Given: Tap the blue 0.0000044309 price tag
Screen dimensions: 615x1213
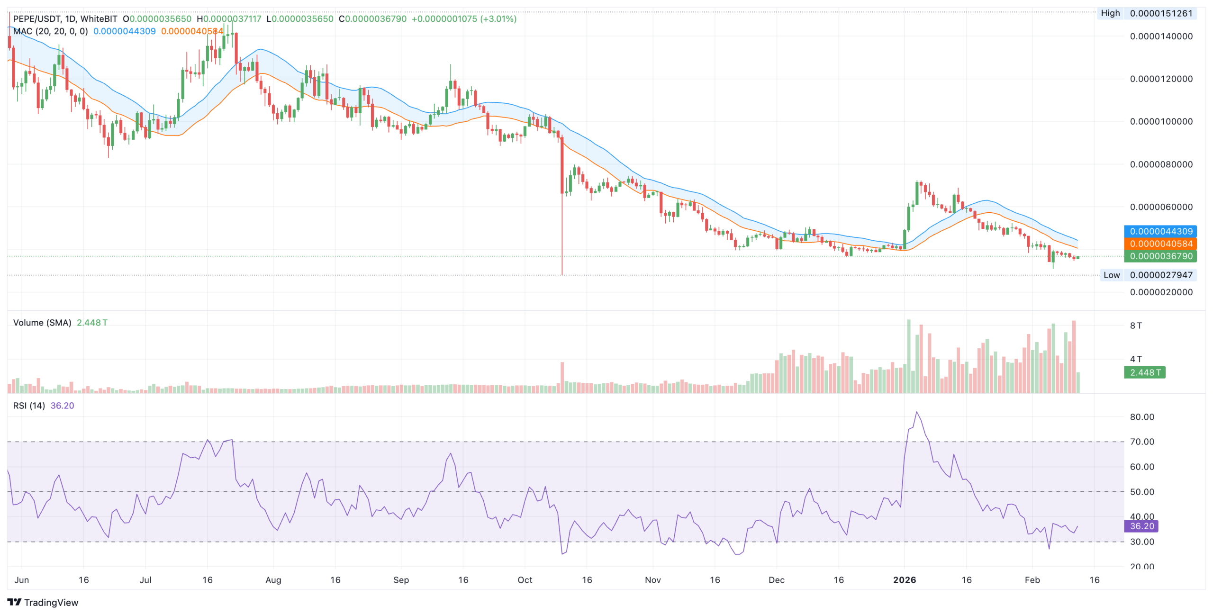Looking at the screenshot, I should tap(1161, 231).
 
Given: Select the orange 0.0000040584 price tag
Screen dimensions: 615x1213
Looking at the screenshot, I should tap(1161, 244).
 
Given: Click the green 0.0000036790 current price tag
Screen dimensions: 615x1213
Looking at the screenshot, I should tap(1161, 256).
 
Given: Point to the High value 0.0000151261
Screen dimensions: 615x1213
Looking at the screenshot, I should tap(1161, 13).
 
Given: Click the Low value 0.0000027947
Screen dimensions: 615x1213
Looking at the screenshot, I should tap(1161, 275).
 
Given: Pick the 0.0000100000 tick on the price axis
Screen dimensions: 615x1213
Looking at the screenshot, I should tap(1161, 121).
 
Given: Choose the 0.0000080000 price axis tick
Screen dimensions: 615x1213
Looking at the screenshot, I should tap(1161, 164).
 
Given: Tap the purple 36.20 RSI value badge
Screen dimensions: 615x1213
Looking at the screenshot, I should tap(1141, 526).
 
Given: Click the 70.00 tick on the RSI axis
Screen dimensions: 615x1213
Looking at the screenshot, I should tap(1141, 442).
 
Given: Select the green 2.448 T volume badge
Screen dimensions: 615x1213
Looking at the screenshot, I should tap(1145, 372).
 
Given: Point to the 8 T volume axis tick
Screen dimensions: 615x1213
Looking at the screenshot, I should tap(1136, 326).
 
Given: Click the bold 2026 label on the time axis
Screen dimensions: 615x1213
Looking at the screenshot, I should tap(904, 580).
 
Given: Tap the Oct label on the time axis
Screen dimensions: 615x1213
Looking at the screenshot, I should tap(525, 580).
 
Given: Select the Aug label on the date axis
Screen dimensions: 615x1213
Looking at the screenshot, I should tap(273, 580).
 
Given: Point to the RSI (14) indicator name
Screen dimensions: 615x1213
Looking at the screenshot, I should tap(29, 406).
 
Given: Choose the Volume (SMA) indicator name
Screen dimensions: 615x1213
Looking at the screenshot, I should tap(42, 323).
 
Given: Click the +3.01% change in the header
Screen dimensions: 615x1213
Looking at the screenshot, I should tap(498, 19).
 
